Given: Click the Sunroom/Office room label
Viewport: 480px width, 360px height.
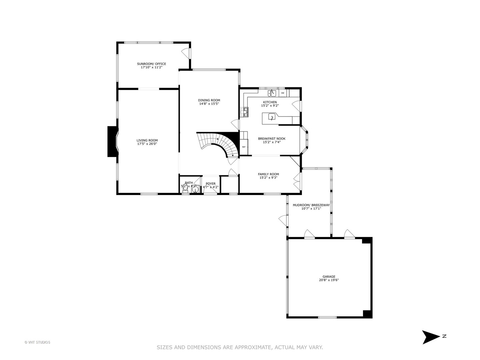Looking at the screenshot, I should (x=151, y=64).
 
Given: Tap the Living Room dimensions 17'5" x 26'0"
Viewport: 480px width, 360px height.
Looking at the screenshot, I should (x=147, y=144).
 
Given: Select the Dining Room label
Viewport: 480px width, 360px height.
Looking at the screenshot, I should (x=209, y=100).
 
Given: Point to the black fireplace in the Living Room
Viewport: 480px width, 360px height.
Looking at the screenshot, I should (x=112, y=141).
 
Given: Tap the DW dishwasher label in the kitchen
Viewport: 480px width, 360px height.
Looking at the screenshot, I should (x=283, y=93).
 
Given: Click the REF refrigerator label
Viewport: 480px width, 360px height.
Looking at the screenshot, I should (x=244, y=147).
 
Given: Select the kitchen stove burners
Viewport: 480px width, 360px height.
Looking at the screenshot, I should (x=246, y=112).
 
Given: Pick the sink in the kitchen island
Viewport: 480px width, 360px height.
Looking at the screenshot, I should (x=272, y=117).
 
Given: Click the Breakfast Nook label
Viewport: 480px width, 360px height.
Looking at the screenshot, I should (x=272, y=139).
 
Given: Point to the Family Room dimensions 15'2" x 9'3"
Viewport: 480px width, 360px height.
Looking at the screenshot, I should (x=268, y=178).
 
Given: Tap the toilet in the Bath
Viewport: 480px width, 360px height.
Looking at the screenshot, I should (x=185, y=187).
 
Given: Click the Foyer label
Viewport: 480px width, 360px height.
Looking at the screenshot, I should (x=211, y=184).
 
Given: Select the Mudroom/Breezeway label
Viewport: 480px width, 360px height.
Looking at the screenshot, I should (x=311, y=205).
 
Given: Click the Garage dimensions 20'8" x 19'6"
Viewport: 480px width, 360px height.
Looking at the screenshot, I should (x=329, y=280).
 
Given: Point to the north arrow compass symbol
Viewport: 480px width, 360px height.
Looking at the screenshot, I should (x=431, y=337).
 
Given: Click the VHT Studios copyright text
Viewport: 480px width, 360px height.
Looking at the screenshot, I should (x=37, y=342).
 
